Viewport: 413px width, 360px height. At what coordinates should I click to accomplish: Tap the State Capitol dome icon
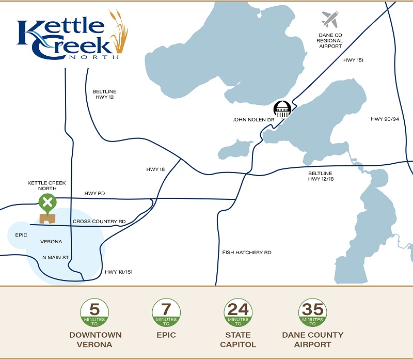pyautogui.click(x=282, y=109)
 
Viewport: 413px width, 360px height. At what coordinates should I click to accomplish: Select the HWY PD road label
pyautogui.click(x=94, y=194)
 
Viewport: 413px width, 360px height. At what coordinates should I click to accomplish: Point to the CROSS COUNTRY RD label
pyautogui.click(x=99, y=222)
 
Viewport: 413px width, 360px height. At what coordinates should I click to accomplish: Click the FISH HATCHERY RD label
pyautogui.click(x=247, y=253)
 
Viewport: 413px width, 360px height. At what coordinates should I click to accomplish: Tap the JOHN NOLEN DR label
pyautogui.click(x=253, y=120)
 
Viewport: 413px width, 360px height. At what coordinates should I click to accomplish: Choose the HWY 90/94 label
pyautogui.click(x=385, y=119)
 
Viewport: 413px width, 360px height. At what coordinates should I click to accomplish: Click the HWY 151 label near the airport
pyautogui.click(x=354, y=60)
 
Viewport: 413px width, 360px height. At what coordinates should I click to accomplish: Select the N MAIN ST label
pyautogui.click(x=56, y=257)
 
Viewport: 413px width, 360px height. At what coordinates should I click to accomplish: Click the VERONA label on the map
pyautogui.click(x=51, y=242)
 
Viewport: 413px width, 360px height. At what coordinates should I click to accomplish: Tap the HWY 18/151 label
pyautogui.click(x=119, y=272)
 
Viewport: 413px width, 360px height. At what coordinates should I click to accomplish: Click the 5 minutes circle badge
pyautogui.click(x=94, y=313)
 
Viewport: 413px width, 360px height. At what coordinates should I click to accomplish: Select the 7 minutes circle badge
pyautogui.click(x=166, y=313)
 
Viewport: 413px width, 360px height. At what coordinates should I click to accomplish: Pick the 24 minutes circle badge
pyautogui.click(x=238, y=313)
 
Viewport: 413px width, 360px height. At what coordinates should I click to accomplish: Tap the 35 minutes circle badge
pyautogui.click(x=313, y=313)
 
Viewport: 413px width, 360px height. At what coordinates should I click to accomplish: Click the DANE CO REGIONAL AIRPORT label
pyautogui.click(x=330, y=41)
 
